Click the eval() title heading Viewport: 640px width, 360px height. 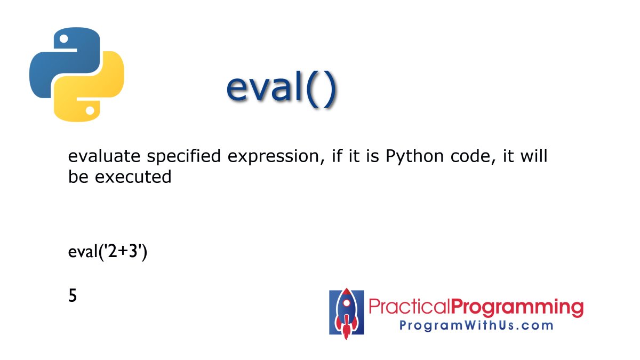[281, 89]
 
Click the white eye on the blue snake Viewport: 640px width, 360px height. [63, 38]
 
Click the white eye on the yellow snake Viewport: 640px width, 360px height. [90, 111]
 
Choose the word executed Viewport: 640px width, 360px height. [133, 177]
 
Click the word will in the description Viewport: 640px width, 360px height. [533, 157]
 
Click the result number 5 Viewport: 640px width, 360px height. [73, 295]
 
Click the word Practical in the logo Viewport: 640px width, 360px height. [410, 308]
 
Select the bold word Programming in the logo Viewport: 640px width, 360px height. [517, 308]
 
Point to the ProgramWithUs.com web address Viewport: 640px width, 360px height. [476, 325]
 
